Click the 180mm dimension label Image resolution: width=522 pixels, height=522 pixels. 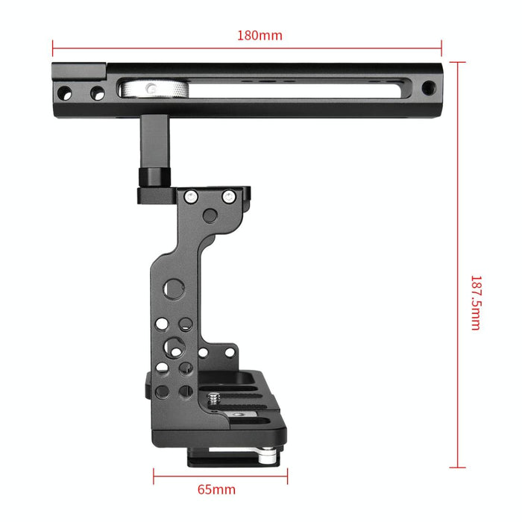pyautogui.click(x=260, y=35)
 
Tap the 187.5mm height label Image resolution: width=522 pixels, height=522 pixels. pyautogui.click(x=475, y=303)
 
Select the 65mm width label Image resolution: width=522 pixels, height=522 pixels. pyautogui.click(x=216, y=490)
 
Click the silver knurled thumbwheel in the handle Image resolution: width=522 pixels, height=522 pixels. pyautogui.click(x=152, y=89)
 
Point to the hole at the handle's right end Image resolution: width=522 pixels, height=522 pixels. pyautogui.click(x=427, y=89)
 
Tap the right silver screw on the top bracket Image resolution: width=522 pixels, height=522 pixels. pyautogui.click(x=228, y=196)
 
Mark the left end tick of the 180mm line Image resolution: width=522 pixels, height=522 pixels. pyautogui.click(x=53, y=48)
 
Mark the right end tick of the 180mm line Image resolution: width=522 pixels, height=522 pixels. pyautogui.click(x=441, y=48)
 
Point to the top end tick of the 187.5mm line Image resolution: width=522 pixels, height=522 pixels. pyautogui.click(x=458, y=62)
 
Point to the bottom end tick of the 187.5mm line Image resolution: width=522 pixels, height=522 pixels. pyautogui.click(x=458, y=468)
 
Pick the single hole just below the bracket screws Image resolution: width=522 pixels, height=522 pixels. pyautogui.click(x=210, y=216)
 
